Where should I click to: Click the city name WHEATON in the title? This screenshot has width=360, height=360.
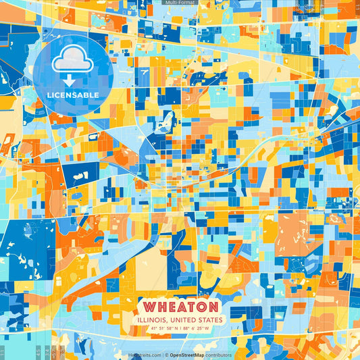coord(180,307)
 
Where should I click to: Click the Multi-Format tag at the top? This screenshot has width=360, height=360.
coord(180,3)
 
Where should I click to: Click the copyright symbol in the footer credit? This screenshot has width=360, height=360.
coord(165,355)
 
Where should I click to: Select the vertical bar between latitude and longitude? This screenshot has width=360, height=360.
coord(180,329)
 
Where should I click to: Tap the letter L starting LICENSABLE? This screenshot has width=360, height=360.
coord(49,95)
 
